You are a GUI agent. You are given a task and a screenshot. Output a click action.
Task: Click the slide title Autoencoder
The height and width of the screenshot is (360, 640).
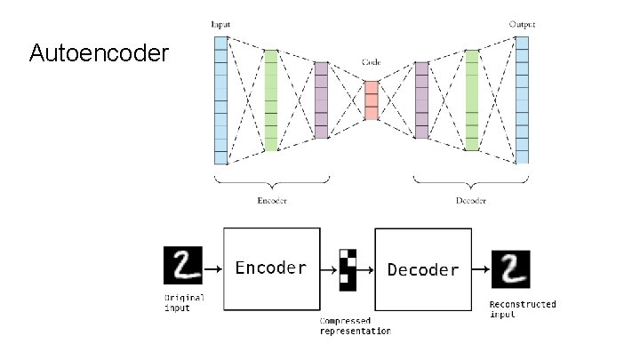(98, 54)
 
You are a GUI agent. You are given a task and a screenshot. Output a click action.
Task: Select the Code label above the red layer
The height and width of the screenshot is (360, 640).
(372, 63)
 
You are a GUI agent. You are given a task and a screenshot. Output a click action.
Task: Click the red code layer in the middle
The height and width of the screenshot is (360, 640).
(372, 100)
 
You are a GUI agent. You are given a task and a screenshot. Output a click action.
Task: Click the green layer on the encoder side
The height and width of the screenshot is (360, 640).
(271, 100)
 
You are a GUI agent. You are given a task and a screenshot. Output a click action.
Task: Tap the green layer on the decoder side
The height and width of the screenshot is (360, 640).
(472, 100)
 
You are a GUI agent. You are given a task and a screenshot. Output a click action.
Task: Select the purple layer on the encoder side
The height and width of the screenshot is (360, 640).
(321, 100)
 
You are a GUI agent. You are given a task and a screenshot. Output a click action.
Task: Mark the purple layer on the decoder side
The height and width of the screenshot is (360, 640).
(421, 100)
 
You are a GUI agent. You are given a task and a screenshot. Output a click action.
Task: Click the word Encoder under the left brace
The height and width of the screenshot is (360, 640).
(271, 200)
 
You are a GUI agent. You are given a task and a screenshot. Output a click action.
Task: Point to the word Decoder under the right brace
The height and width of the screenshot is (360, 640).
(471, 200)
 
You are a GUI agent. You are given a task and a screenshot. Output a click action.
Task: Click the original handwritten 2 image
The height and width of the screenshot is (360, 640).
(183, 267)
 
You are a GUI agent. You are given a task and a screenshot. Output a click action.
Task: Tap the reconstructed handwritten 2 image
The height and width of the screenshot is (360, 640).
(509, 269)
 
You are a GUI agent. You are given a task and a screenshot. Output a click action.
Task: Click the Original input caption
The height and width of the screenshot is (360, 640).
(183, 302)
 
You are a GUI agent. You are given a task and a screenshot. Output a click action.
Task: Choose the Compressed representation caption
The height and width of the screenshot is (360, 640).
(355, 325)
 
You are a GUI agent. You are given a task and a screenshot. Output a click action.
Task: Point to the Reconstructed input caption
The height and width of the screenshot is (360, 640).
(523, 308)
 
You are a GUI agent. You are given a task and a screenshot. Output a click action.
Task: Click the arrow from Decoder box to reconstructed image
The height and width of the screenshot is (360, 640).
(480, 269)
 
